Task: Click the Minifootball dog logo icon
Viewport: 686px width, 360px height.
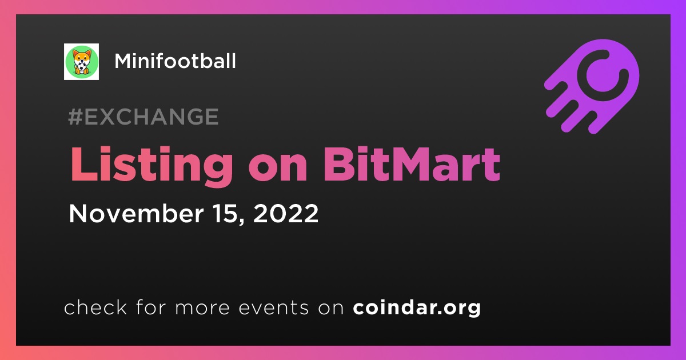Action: tap(81, 62)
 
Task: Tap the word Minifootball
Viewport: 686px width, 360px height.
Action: tap(175, 61)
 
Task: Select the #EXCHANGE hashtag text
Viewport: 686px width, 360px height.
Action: tap(143, 117)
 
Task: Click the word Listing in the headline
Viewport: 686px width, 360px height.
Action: tap(151, 165)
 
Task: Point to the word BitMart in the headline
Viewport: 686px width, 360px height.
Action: tap(412, 164)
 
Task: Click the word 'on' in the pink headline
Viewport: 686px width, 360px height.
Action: tap(278, 169)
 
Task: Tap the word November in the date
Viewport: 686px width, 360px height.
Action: tap(136, 213)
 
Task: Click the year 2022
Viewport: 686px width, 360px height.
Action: tap(286, 213)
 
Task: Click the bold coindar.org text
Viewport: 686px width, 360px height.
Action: tap(417, 308)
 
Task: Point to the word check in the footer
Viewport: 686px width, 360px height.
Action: tap(95, 307)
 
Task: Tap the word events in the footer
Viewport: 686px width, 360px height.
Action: tap(273, 308)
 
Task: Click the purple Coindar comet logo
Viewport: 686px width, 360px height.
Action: tap(593, 86)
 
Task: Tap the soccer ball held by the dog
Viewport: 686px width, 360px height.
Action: tap(81, 66)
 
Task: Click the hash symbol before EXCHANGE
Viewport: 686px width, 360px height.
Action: tap(75, 117)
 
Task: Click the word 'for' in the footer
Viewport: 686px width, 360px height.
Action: tap(151, 307)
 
